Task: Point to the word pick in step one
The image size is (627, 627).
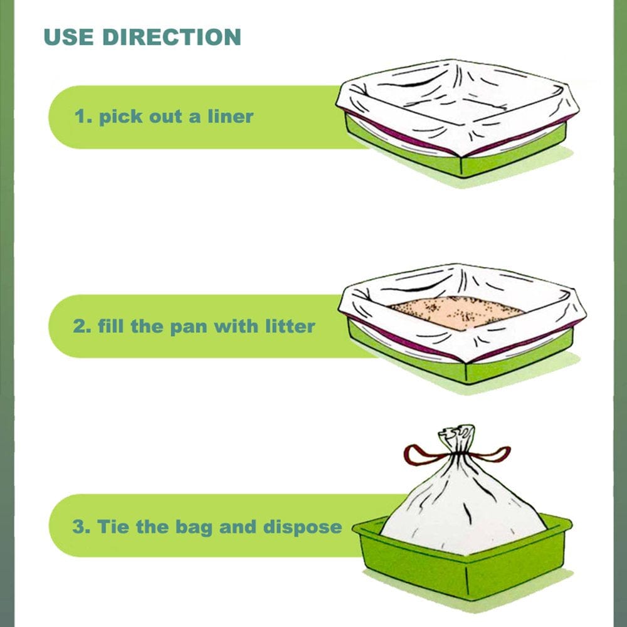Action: pyautogui.click(x=119, y=117)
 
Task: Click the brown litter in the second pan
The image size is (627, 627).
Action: pyautogui.click(x=456, y=312)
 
